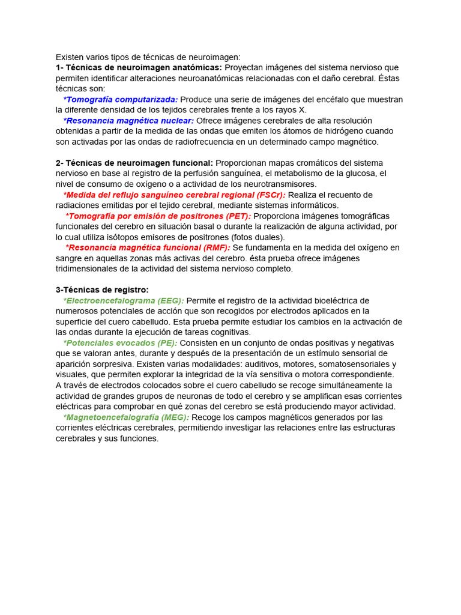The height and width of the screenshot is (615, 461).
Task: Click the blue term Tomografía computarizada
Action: coord(121,99)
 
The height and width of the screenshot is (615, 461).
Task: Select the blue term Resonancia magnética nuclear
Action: coord(128,121)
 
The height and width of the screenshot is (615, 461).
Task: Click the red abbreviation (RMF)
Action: coord(217,247)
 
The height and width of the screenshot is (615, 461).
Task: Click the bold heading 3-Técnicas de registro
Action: coord(102,289)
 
